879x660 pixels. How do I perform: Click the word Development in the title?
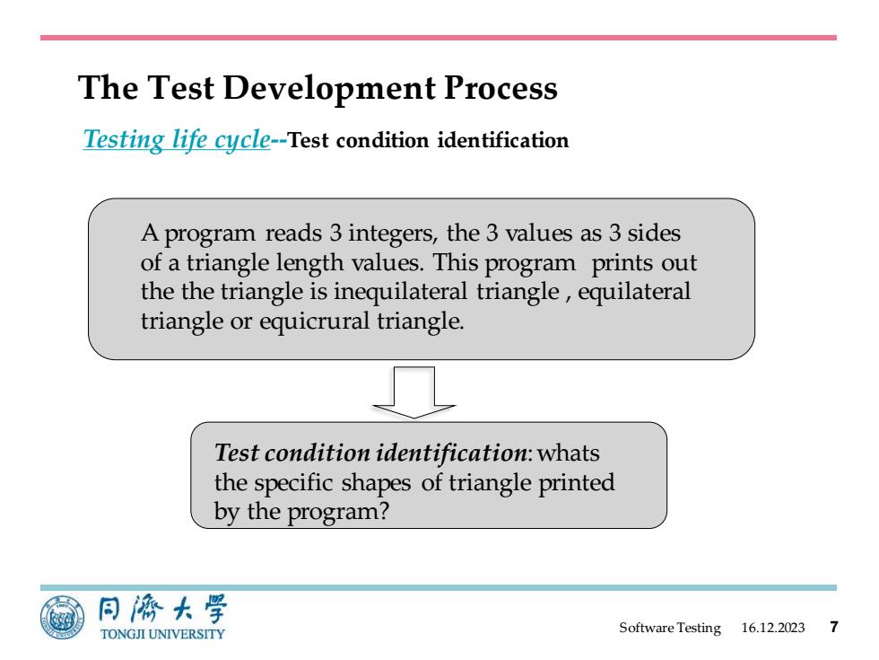[x=329, y=88]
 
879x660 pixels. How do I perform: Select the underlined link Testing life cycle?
[x=177, y=139]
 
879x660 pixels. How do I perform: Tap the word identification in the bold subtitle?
[x=503, y=140]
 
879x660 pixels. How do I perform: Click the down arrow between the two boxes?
[x=413, y=392]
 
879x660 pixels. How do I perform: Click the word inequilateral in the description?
[x=400, y=292]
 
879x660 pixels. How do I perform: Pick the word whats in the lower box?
[x=568, y=453]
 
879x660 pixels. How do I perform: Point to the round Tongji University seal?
[x=63, y=618]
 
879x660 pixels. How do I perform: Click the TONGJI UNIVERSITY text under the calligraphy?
[x=162, y=634]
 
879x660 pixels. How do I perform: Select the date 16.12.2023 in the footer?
[x=772, y=628]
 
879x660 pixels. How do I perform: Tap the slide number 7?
[x=834, y=627]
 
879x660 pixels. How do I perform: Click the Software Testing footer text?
[x=670, y=628]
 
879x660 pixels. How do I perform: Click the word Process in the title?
[x=500, y=88]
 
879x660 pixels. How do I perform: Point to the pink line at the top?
[x=439, y=38]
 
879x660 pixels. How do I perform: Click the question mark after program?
[x=384, y=511]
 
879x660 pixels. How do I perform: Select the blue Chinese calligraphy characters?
[x=162, y=610]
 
